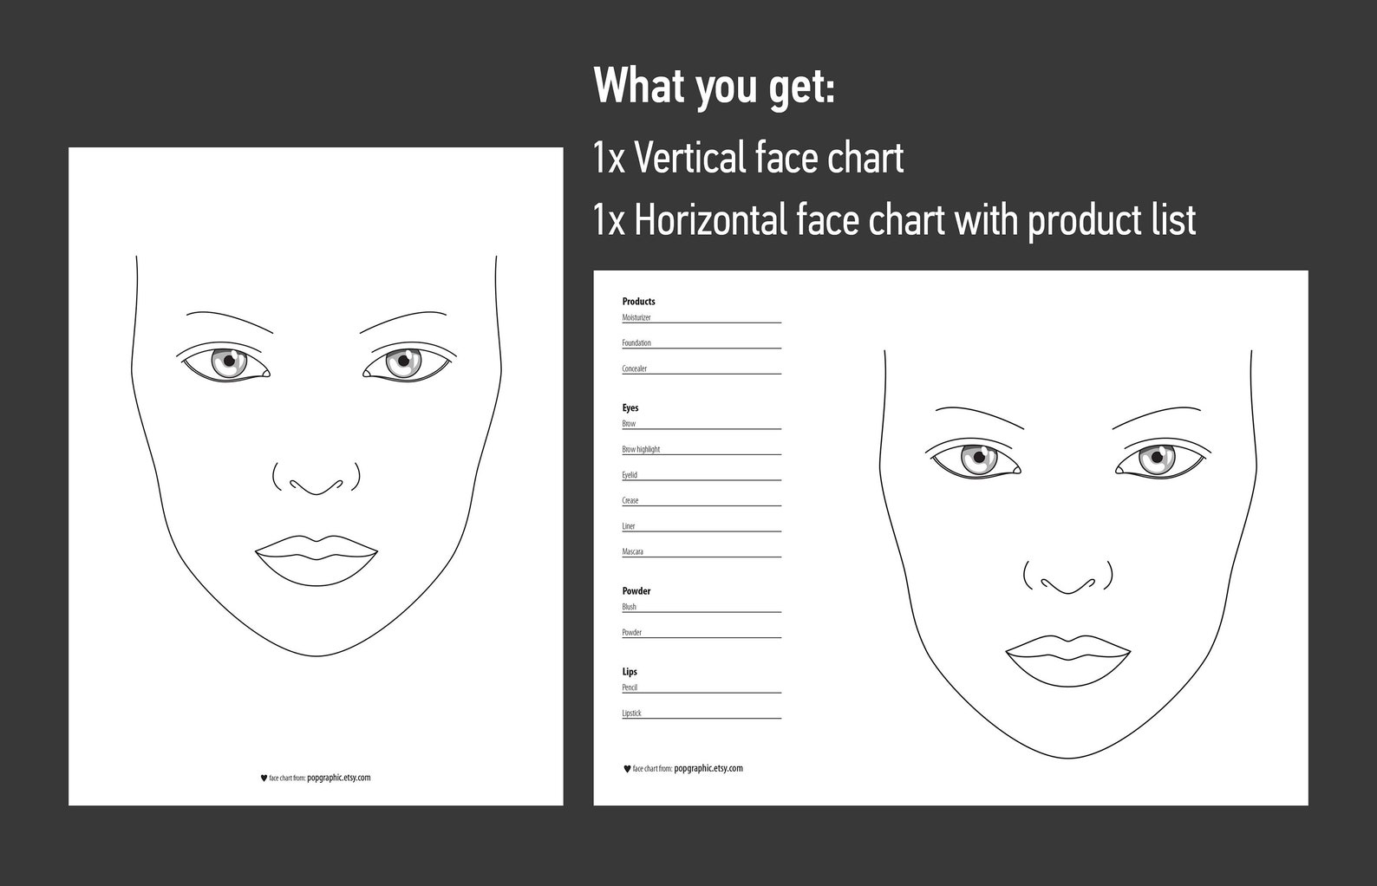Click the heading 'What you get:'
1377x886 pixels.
(714, 88)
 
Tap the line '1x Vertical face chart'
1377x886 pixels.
(748, 158)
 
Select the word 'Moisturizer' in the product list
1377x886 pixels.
(636, 318)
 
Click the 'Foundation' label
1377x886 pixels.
(636, 343)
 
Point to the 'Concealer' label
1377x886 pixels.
(635, 369)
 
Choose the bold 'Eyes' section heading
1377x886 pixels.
(630, 407)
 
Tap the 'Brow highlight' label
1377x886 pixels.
(641, 450)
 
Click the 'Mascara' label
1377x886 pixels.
(633, 552)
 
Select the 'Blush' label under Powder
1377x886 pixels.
(630, 607)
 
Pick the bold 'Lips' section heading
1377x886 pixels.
(630, 672)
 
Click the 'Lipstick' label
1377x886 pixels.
(632, 713)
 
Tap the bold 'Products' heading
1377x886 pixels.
(639, 302)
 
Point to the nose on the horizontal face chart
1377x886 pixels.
(1068, 579)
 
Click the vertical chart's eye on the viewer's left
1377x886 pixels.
(227, 362)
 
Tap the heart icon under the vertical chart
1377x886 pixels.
(264, 779)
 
